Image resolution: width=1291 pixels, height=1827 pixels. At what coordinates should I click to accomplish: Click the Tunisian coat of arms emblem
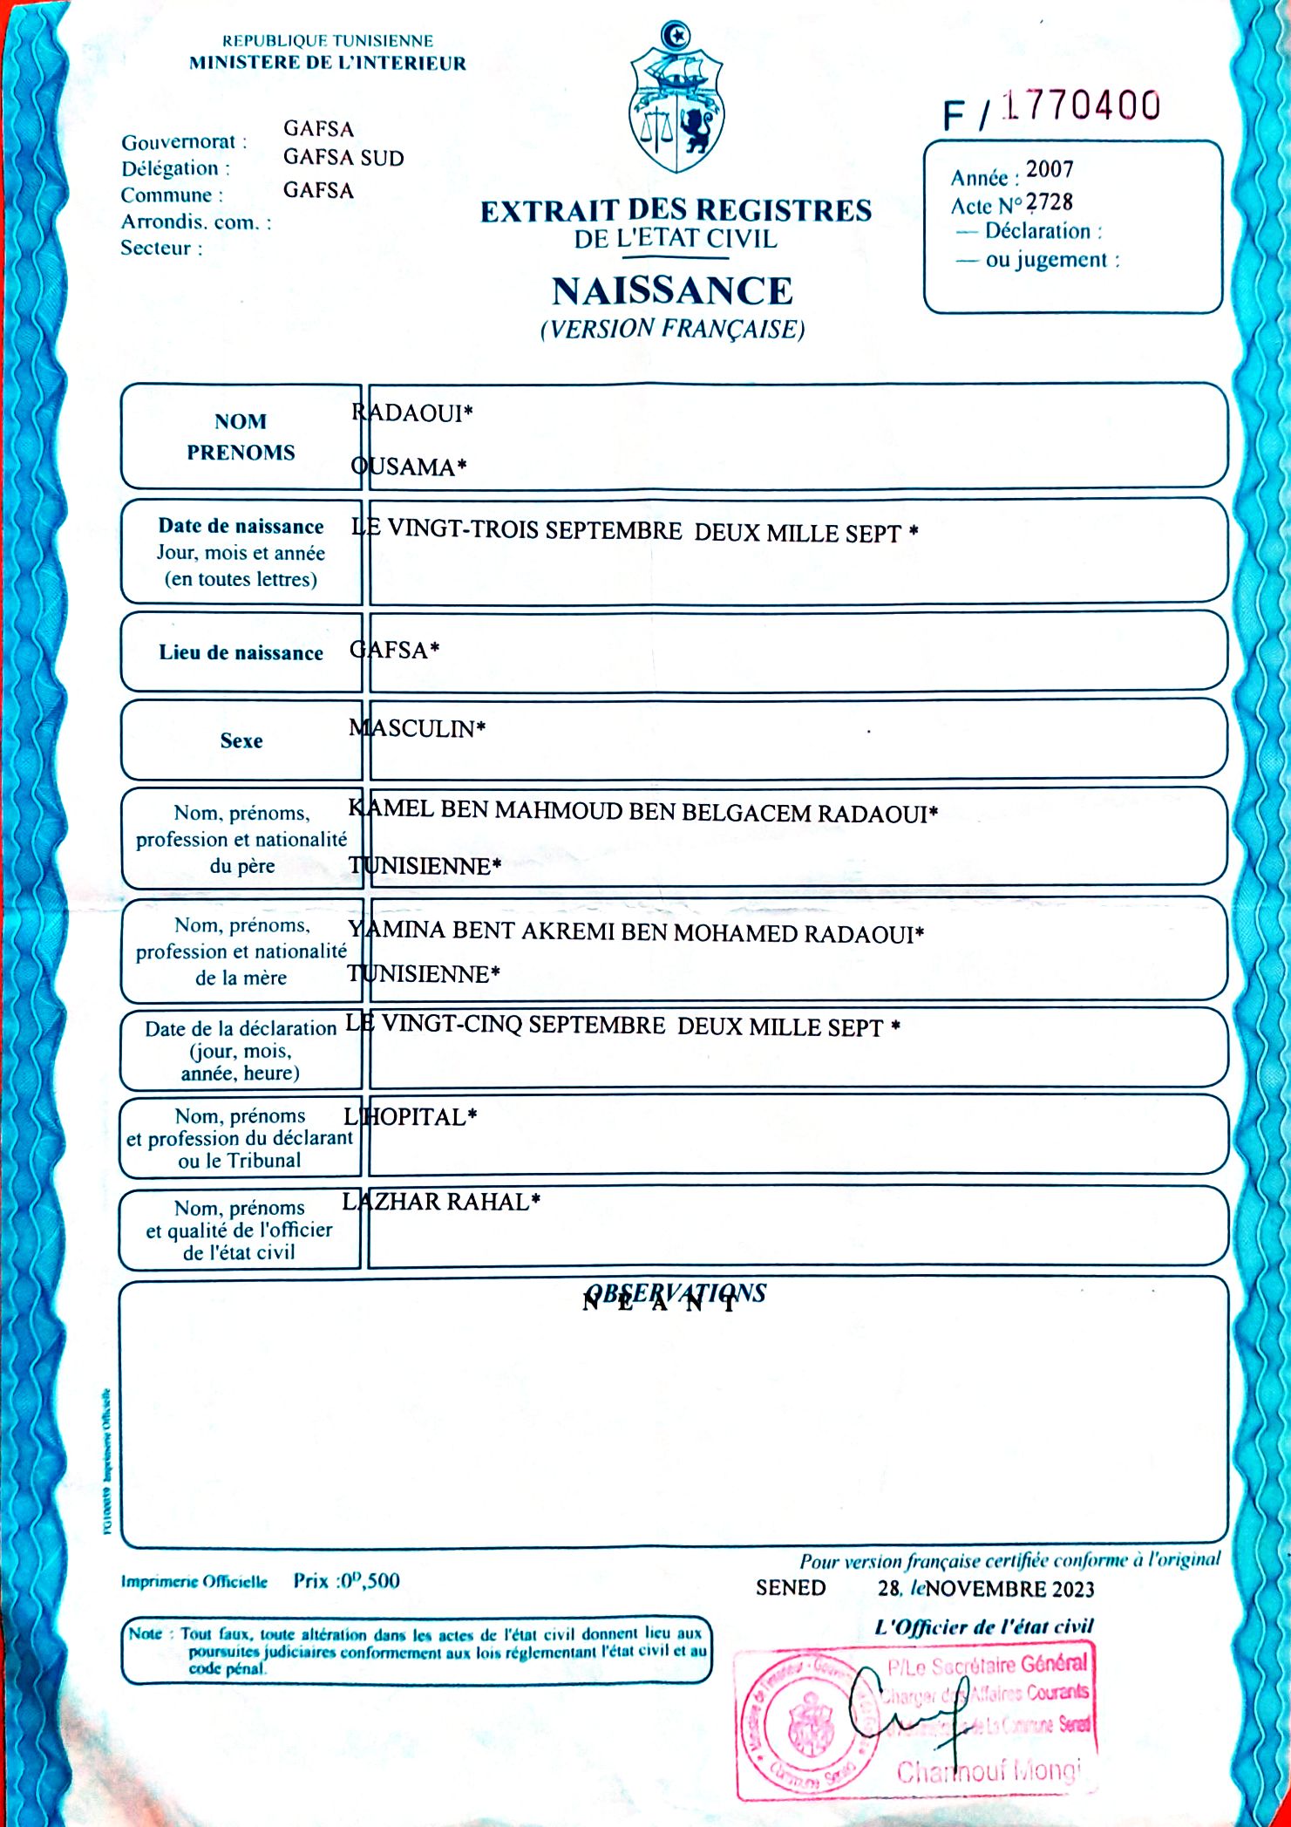coord(676,99)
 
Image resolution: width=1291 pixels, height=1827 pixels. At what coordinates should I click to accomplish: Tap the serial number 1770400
coord(1081,106)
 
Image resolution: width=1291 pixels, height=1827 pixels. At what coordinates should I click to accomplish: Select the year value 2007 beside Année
coord(1050,169)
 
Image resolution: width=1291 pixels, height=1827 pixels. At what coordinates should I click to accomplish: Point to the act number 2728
coord(1050,202)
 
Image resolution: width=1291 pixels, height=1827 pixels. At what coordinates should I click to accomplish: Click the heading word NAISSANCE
coord(672,291)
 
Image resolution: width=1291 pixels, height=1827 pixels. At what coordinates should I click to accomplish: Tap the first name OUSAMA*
coord(408,467)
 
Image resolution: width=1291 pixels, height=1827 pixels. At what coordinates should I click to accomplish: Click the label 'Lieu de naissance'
coord(241,653)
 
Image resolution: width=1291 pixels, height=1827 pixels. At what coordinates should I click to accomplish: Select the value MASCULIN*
coord(417,728)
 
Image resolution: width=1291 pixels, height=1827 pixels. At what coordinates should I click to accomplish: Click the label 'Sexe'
coord(241,741)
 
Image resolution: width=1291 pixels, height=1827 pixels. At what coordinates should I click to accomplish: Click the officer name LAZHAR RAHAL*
coord(441,1203)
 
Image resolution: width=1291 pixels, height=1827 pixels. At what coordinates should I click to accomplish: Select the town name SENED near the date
coord(791,1587)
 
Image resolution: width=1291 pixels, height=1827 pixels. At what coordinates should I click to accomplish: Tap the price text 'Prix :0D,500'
coord(346,1580)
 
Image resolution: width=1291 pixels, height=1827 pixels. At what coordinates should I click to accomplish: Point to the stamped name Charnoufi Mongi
coord(988,1771)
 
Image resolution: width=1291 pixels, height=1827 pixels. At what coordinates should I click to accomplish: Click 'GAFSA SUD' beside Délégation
coord(343,158)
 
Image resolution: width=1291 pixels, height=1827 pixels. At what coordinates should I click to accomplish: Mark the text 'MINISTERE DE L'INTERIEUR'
coord(328,63)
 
